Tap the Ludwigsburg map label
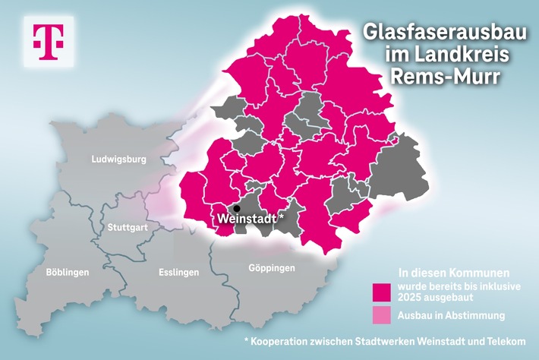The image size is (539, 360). tap(118, 159)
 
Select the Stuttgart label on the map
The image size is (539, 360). tap(128, 226)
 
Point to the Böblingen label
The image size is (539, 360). tap(68, 272)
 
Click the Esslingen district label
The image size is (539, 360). tap(179, 272)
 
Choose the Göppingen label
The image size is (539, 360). tap(271, 268)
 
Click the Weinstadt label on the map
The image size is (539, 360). tap(246, 218)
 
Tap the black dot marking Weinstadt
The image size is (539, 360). tap(237, 208)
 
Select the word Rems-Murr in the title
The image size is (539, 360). tap(440, 76)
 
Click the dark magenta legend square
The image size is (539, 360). tap(382, 292)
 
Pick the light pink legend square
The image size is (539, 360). tap(382, 314)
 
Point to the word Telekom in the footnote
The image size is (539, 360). tap(505, 341)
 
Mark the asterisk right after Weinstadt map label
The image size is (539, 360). tap(282, 216)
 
